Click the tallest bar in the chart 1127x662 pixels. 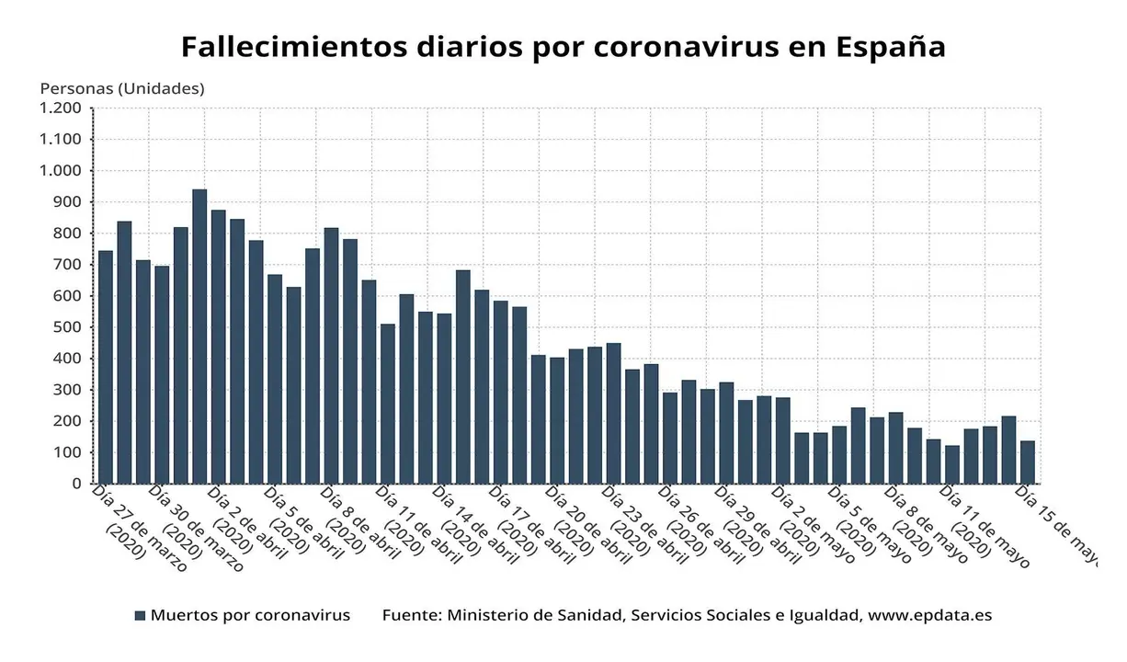coord(199,336)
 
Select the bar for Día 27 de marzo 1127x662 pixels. coord(106,367)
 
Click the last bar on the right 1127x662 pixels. coord(1028,462)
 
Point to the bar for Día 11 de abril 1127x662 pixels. coord(388,404)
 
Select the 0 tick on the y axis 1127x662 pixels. coord(77,484)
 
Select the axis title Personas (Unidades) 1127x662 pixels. coord(122,89)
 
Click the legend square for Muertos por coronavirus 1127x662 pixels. coord(140,616)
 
